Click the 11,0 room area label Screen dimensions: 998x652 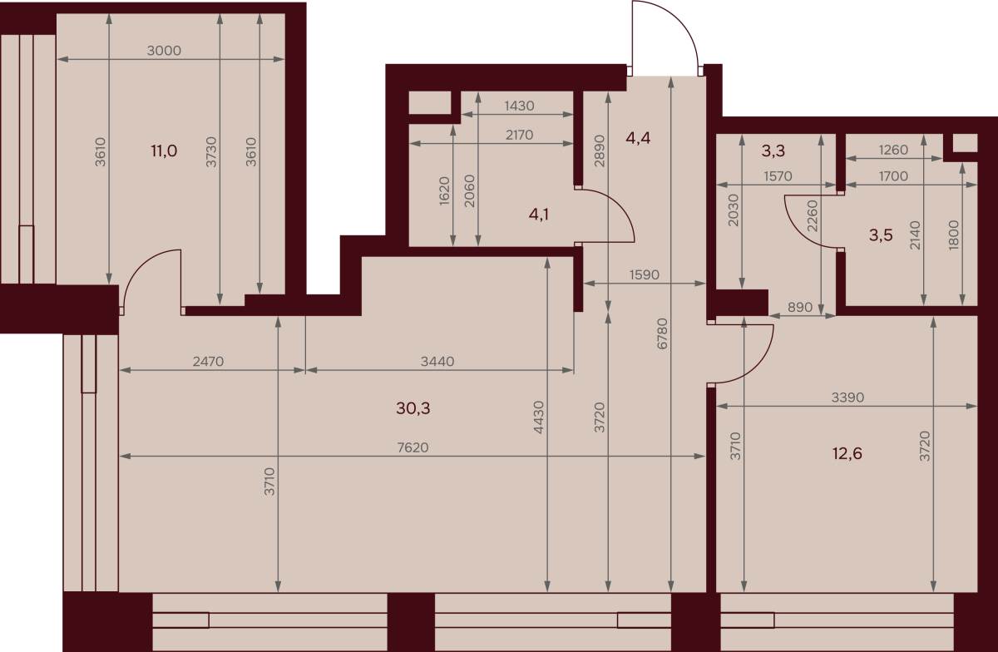(x=164, y=151)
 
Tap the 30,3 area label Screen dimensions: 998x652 (x=413, y=408)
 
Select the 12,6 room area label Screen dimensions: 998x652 (x=847, y=454)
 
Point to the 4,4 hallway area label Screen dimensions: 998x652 (x=638, y=139)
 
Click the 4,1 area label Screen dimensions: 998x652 (x=539, y=215)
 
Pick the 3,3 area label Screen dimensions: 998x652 (x=773, y=151)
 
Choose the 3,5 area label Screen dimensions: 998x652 (x=881, y=235)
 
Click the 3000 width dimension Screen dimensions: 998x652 (x=164, y=51)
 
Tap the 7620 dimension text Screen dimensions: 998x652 (x=413, y=447)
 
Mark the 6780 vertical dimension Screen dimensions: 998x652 (x=663, y=333)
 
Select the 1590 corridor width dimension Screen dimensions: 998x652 (x=645, y=275)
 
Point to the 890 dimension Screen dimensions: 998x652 (x=800, y=307)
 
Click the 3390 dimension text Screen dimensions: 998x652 (x=847, y=398)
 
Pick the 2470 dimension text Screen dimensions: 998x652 (x=208, y=362)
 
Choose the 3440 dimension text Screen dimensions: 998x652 (x=437, y=362)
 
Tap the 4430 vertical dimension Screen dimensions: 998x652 (x=539, y=417)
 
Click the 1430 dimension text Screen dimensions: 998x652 (x=519, y=106)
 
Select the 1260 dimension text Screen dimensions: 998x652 (x=893, y=151)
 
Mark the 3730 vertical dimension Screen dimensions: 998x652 (x=211, y=152)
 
